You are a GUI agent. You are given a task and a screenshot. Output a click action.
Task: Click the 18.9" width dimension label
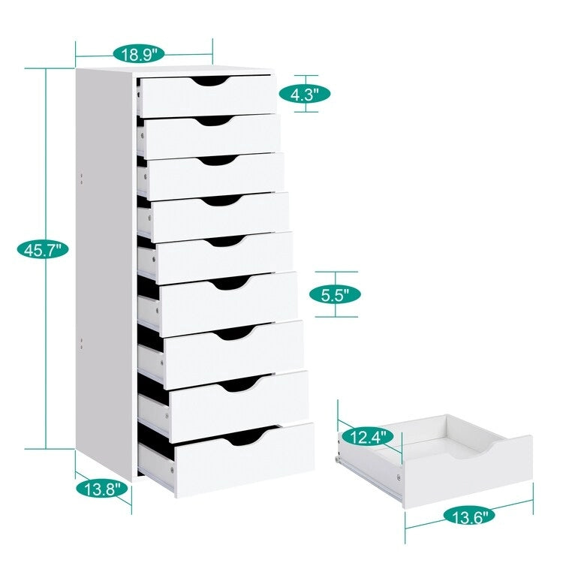pyautogui.click(x=139, y=54)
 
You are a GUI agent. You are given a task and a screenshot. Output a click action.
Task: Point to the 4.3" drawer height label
pyautogui.click(x=305, y=94)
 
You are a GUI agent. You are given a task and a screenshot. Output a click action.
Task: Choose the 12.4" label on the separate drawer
pyautogui.click(x=366, y=436)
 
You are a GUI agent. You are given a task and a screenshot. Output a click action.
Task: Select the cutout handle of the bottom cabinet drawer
pyautogui.click(x=244, y=435)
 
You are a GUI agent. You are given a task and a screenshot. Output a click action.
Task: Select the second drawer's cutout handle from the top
pyautogui.click(x=212, y=119)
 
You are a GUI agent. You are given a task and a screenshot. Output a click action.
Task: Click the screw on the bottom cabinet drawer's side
pyautogui.click(x=172, y=468)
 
